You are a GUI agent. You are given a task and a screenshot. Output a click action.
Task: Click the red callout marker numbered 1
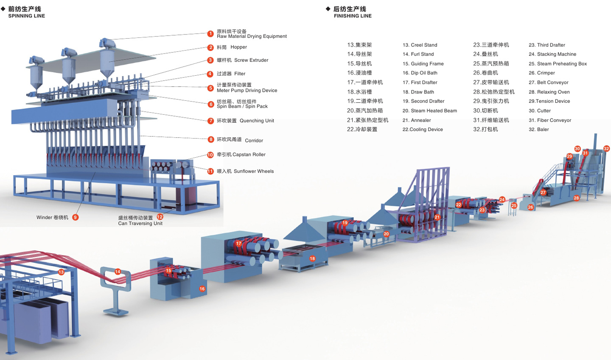(210, 34)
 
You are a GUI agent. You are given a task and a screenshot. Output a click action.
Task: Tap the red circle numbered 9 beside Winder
(75, 217)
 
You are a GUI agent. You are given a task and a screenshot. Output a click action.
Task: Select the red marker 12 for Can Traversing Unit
(160, 217)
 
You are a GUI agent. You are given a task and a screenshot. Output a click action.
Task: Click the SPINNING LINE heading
(26, 16)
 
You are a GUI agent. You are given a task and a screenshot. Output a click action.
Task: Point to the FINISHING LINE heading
(353, 16)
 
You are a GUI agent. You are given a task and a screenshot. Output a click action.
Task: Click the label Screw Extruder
(251, 60)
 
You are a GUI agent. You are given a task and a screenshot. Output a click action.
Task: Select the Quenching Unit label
(257, 121)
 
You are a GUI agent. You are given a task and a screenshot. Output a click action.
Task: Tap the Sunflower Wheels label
(253, 171)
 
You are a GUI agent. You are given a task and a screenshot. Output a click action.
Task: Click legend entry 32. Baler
(538, 130)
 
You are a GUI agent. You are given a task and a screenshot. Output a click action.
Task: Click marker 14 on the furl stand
(118, 272)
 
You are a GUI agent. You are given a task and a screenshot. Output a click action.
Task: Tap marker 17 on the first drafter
(238, 244)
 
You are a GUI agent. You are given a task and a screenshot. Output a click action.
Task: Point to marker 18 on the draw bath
(312, 258)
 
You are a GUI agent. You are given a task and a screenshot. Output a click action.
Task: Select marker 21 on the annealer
(437, 217)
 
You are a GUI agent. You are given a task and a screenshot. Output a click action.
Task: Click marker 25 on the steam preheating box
(514, 206)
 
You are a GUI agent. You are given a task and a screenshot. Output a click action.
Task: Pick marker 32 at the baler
(606, 149)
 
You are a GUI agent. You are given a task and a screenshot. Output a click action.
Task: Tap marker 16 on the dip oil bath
(202, 289)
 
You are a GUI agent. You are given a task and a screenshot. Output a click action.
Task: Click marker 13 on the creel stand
(61, 272)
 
